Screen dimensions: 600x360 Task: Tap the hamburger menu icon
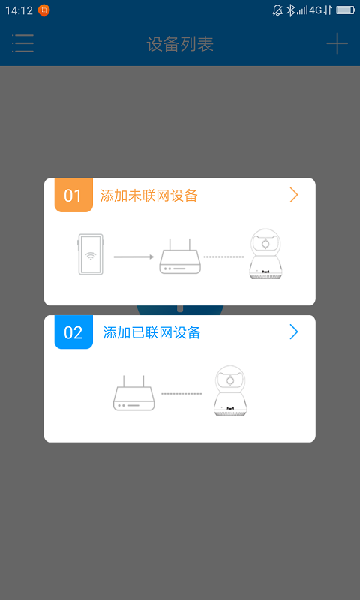[x=23, y=43]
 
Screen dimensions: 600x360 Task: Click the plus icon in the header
[x=337, y=43]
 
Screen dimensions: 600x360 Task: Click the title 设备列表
[x=180, y=44]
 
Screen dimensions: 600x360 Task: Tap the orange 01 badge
[x=73, y=196]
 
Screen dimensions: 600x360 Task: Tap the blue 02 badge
[x=73, y=332]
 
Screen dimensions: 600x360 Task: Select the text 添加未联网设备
[x=149, y=196]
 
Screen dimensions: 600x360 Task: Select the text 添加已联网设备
[x=152, y=332]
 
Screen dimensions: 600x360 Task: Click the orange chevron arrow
[x=294, y=195]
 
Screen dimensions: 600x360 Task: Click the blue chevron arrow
[x=294, y=331]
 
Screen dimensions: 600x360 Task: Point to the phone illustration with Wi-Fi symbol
[x=91, y=255]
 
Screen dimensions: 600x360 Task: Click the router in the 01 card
[x=180, y=256]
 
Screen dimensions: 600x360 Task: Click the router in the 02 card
[x=133, y=393]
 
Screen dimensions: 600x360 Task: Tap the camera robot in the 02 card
[x=231, y=391]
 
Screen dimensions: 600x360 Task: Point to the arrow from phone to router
[x=134, y=256]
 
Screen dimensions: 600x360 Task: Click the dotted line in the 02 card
[x=181, y=393]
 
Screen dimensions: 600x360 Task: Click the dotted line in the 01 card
[x=224, y=256]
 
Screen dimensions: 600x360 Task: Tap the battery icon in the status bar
[x=346, y=10]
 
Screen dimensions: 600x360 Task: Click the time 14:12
[x=19, y=10]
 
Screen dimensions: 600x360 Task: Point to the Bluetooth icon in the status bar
[x=291, y=10]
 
